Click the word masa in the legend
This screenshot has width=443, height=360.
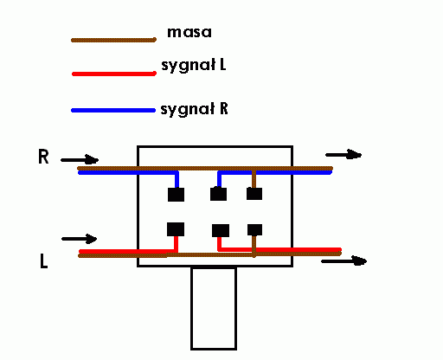click(189, 32)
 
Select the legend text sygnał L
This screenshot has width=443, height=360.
click(194, 65)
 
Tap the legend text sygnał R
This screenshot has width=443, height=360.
click(194, 109)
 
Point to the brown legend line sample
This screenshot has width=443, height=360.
click(113, 40)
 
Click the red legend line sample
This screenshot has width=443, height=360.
click(114, 74)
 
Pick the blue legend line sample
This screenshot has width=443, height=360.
click(113, 111)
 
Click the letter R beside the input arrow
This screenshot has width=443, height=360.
click(43, 157)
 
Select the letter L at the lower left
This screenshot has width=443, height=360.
click(43, 260)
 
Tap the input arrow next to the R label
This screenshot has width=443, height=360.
click(80, 160)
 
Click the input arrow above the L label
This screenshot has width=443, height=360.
click(80, 239)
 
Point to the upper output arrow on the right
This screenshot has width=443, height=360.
click(343, 155)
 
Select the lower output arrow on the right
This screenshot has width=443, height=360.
click(343, 261)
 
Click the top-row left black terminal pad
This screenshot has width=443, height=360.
click(176, 195)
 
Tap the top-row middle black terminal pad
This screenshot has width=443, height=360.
click(218, 194)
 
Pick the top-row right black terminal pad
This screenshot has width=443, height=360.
click(254, 194)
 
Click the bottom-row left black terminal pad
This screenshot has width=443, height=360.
click(176, 229)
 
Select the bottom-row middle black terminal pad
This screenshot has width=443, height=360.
click(221, 230)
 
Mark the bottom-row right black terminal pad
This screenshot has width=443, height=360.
click(255, 230)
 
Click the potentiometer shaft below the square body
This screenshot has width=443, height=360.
click(214, 308)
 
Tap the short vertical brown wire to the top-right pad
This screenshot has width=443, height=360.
click(254, 179)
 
